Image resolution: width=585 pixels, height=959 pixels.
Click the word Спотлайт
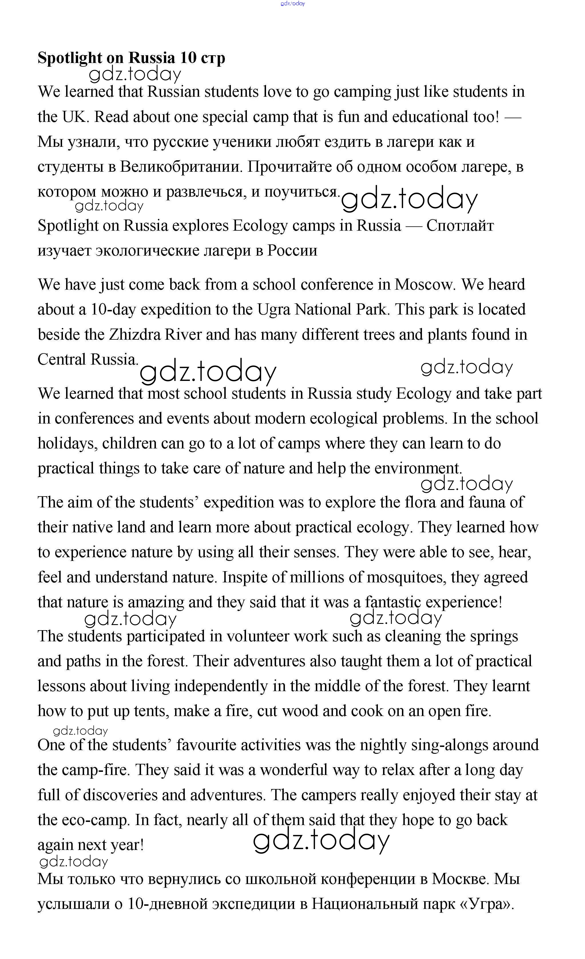click(x=460, y=226)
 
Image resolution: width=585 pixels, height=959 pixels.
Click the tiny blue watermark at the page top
click(x=292, y=3)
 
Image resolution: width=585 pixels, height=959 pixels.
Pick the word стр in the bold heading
click(x=213, y=58)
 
